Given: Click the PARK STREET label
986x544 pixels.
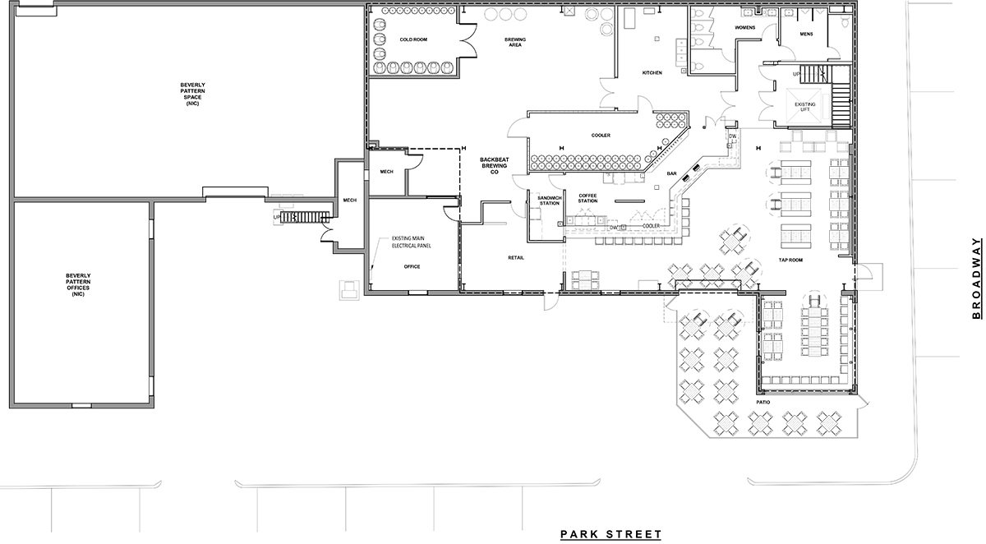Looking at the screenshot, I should click(610, 534).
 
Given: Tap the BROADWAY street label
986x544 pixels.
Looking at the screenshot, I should click(976, 279).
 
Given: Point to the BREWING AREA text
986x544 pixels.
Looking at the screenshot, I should click(515, 43).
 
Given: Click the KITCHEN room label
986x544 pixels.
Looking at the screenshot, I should click(652, 73).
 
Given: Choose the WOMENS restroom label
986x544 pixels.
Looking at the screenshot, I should click(744, 29).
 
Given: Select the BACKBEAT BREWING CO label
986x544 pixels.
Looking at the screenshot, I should click(496, 164).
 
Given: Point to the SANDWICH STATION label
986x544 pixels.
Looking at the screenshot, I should click(548, 200).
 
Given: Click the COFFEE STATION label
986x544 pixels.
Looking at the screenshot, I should click(587, 198).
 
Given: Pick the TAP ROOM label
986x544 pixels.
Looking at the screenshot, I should click(790, 260).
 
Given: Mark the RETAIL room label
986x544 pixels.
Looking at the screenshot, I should click(516, 257).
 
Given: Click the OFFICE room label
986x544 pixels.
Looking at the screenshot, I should click(412, 267).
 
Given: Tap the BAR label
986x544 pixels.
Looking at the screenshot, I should click(671, 174).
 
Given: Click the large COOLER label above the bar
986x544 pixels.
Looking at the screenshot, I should click(600, 136).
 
